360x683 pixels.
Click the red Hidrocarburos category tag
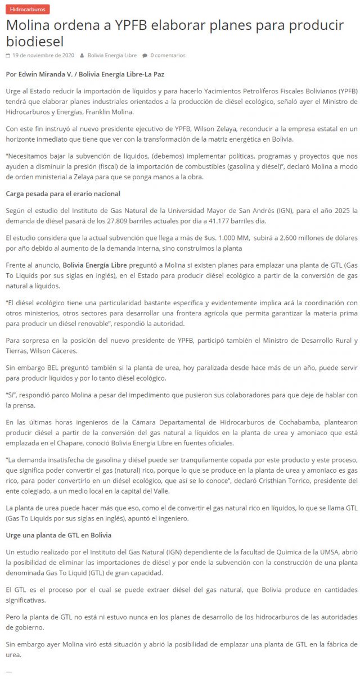tap(26, 10)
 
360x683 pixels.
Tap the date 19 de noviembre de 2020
tap(43, 56)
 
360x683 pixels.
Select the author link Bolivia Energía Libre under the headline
tap(112, 56)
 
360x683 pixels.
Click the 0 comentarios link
tap(168, 56)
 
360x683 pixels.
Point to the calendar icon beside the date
tap(8, 56)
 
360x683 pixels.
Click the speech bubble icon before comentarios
tap(145, 56)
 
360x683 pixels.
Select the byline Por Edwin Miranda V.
tap(40, 74)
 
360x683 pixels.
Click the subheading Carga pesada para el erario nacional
tap(63, 194)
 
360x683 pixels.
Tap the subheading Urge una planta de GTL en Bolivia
tap(58, 535)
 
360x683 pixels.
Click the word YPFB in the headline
tap(127, 25)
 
